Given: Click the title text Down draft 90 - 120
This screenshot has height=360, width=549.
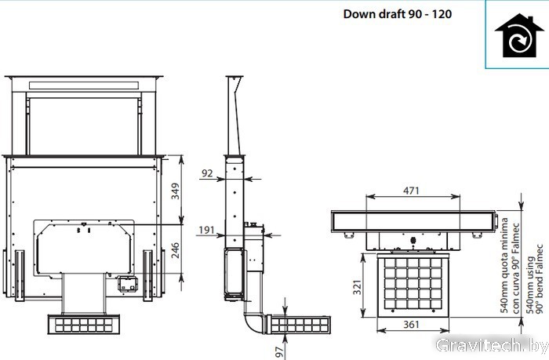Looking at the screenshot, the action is tap(398, 14).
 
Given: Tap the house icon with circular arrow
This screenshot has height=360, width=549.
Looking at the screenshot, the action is tap(514, 36).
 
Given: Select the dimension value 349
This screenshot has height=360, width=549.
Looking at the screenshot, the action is tap(175, 191).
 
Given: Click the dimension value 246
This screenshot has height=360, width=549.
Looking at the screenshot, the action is tap(175, 250).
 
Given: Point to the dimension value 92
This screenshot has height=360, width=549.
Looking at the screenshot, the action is tap(207, 173).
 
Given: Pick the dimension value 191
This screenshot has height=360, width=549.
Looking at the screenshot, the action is tap(206, 230).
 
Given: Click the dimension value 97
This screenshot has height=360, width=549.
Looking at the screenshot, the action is tap(279, 351).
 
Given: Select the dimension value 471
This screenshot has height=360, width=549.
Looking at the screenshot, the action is tap(411, 190).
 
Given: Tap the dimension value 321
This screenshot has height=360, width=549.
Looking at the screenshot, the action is tap(357, 287).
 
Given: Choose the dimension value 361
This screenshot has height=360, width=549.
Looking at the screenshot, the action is tap(411, 325).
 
